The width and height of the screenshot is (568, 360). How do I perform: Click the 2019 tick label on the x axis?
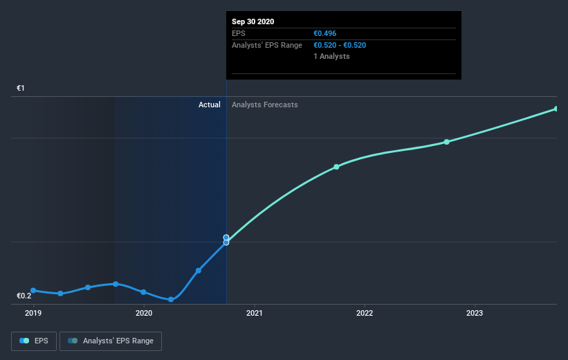[x=33, y=313]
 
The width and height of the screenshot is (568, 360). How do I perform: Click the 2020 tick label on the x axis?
[x=144, y=313]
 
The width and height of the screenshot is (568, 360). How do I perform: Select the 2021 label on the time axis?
[x=255, y=313]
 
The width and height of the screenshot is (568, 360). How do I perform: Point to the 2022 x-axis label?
[x=365, y=313]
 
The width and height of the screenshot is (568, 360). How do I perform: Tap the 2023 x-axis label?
[x=475, y=313]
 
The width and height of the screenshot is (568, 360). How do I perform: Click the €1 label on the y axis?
[x=21, y=89]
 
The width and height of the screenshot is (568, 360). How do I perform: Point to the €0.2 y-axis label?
[x=24, y=296]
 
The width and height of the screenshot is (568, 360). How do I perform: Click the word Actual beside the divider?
[x=209, y=105]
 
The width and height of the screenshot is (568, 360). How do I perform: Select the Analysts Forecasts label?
[x=265, y=105]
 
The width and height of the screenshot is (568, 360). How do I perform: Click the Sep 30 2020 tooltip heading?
[x=253, y=21]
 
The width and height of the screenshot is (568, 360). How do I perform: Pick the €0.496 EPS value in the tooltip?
[x=325, y=33]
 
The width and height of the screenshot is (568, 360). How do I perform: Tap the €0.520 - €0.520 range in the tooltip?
[x=340, y=45]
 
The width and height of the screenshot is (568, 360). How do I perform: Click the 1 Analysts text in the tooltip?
[x=331, y=56]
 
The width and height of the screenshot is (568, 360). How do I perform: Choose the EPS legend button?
[x=34, y=341]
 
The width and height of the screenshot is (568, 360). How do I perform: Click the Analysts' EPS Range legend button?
[x=111, y=341]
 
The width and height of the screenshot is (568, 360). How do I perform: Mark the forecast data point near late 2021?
[x=336, y=167]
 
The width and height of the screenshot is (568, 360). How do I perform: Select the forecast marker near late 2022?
[x=447, y=142]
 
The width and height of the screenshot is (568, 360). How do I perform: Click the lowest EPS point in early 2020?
[x=171, y=299]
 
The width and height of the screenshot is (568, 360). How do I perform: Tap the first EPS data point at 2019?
[x=33, y=290]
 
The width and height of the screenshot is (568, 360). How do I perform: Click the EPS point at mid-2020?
[x=199, y=270]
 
